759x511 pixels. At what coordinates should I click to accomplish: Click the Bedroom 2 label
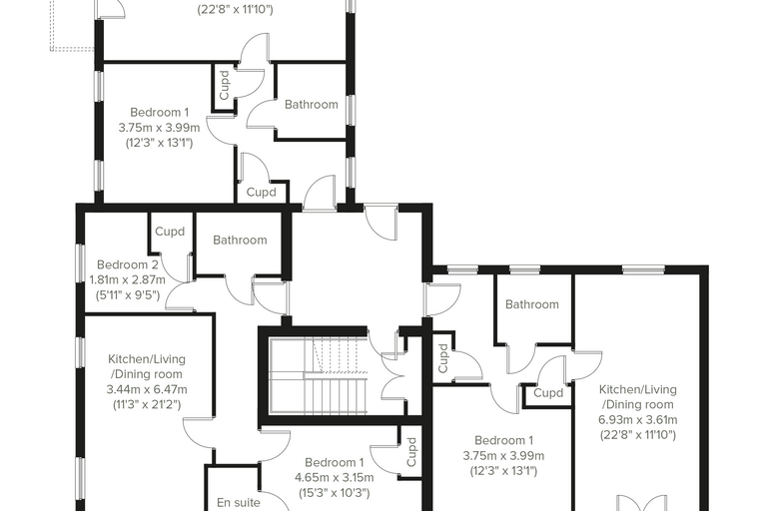127,264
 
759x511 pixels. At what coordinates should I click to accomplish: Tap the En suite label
239,503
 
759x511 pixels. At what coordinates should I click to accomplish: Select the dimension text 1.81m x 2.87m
127,279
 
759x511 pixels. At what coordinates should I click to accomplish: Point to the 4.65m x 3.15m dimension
334,478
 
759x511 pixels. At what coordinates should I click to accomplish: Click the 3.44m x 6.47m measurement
147,389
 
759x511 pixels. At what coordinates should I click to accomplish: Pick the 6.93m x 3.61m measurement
638,419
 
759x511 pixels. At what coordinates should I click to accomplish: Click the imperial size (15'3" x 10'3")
334,493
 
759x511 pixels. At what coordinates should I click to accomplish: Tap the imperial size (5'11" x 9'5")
127,294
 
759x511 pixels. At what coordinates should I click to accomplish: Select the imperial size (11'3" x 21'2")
147,404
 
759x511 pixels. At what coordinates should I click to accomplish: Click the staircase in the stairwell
318,376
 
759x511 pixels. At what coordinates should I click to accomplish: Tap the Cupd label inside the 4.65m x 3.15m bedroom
411,452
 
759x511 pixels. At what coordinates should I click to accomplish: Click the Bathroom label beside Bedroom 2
240,240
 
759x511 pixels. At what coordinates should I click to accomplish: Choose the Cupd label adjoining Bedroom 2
170,232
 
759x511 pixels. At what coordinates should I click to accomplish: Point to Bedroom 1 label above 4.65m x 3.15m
334,463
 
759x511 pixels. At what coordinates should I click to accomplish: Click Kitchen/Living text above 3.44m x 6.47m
147,359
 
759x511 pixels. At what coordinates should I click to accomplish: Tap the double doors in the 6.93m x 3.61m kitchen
642,503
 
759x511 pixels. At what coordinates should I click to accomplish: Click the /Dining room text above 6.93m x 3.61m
638,404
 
